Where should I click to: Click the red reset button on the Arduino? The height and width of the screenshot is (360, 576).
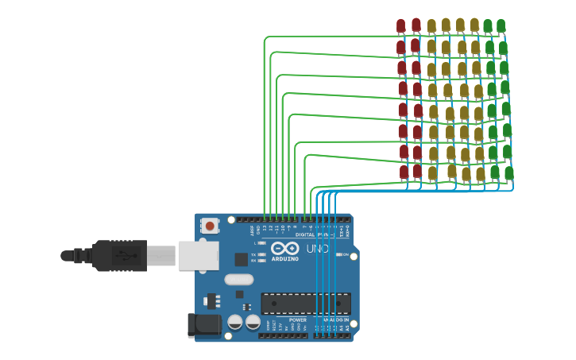(x=210, y=226)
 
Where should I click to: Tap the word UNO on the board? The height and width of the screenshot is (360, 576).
(x=318, y=249)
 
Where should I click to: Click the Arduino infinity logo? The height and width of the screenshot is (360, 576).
(x=285, y=249)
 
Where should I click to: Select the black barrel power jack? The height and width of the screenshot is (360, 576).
(x=202, y=324)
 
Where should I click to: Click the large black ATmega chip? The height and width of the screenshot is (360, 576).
(x=305, y=304)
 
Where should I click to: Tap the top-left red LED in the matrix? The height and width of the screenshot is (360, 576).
(x=400, y=26)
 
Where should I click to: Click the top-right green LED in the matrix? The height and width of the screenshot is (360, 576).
(x=501, y=26)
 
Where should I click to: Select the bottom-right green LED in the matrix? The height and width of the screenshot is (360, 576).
(x=508, y=173)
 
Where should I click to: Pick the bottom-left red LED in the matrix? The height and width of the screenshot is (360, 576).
(x=404, y=172)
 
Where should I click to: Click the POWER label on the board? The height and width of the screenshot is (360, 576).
(x=298, y=320)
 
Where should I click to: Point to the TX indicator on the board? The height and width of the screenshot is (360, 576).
(x=253, y=254)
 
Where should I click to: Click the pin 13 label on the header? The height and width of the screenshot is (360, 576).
(x=265, y=228)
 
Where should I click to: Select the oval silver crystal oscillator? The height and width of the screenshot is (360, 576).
(x=238, y=279)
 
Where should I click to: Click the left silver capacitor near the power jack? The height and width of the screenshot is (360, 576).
(x=235, y=322)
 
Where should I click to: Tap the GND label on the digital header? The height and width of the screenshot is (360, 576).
(x=258, y=228)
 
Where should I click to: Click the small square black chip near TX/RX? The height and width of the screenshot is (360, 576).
(x=241, y=259)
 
